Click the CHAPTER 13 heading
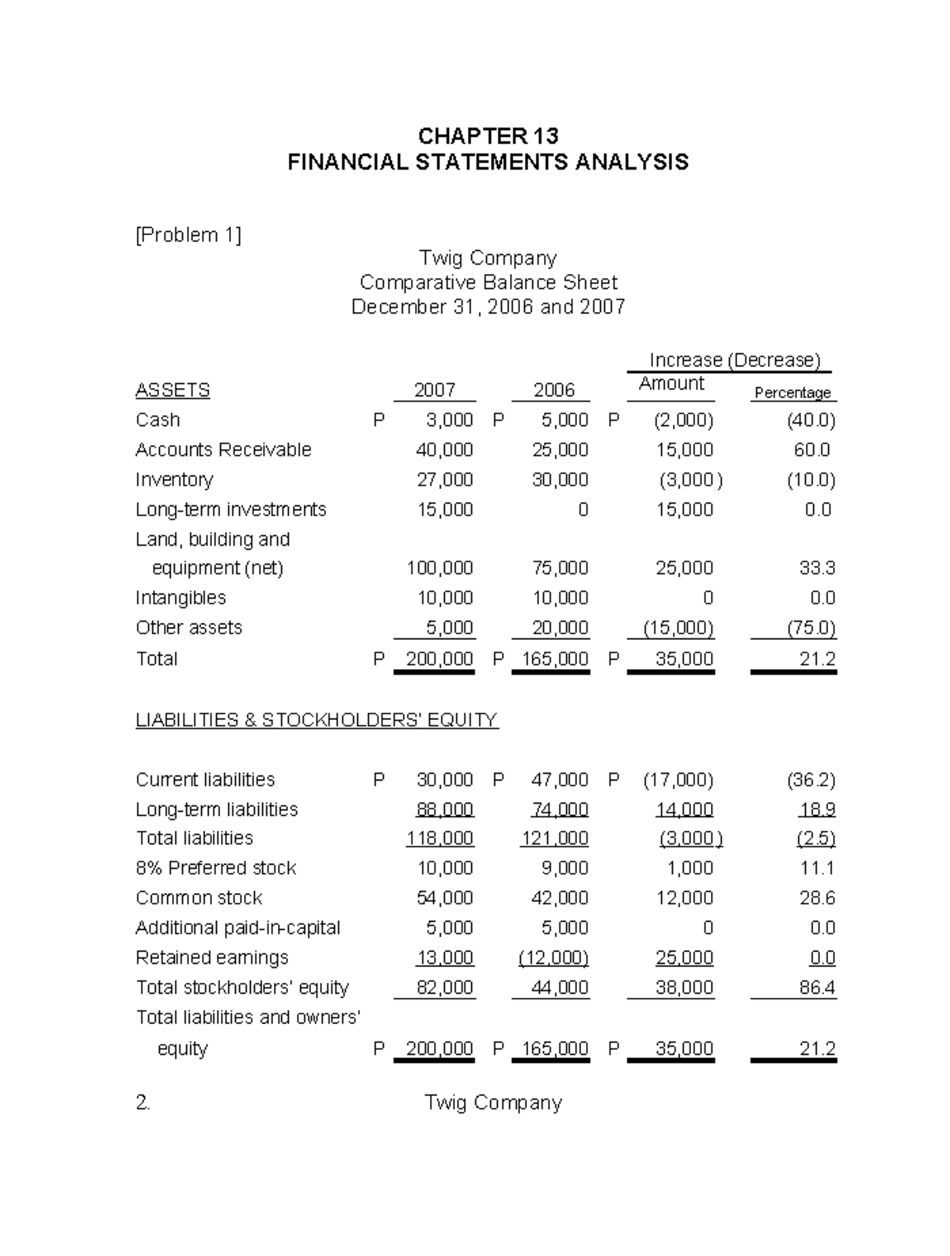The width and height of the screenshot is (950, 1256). [488, 135]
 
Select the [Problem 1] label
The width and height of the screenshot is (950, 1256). [188, 235]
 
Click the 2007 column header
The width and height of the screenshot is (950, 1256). [435, 390]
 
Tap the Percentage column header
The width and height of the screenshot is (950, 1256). [792, 393]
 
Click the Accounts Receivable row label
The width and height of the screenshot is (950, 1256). [223, 450]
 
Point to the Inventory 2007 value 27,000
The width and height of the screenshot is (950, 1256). [445, 480]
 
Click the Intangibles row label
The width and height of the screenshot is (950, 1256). [180, 598]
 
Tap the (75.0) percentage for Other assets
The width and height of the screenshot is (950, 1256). [811, 628]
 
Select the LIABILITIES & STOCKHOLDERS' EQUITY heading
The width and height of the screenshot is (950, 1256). [317, 720]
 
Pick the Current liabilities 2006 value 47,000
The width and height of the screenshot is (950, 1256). [560, 780]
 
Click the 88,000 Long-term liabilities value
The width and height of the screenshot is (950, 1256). [445, 809]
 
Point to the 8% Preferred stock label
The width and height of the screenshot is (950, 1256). [215, 868]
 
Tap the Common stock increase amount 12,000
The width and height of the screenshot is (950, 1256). [685, 898]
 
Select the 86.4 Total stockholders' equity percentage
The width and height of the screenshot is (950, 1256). [818, 988]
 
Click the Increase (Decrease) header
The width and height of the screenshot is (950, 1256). [735, 360]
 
